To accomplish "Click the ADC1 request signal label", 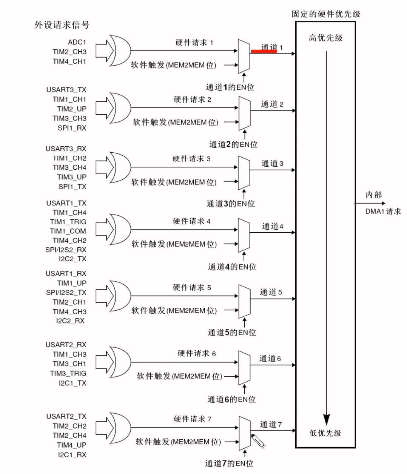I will point(77,42).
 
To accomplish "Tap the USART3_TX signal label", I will point(66,90).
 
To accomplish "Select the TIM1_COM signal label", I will point(68,231).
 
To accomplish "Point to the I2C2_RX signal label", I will point(71,321).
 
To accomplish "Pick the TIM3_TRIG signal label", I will point(68,373).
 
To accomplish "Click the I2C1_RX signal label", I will point(72,454).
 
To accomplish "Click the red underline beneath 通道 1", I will point(264,52).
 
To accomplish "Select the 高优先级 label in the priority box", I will point(325,38).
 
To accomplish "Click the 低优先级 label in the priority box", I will point(325,433).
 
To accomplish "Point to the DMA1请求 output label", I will point(383,212).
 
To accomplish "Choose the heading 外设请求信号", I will point(62,25).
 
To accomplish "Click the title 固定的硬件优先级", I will point(326,14).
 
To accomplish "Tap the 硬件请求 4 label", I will point(191,221).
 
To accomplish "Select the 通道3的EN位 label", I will point(230,204).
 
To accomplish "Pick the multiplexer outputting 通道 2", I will point(244,113).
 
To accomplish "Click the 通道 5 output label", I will point(270,292).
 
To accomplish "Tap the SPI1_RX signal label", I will point(72,128).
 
